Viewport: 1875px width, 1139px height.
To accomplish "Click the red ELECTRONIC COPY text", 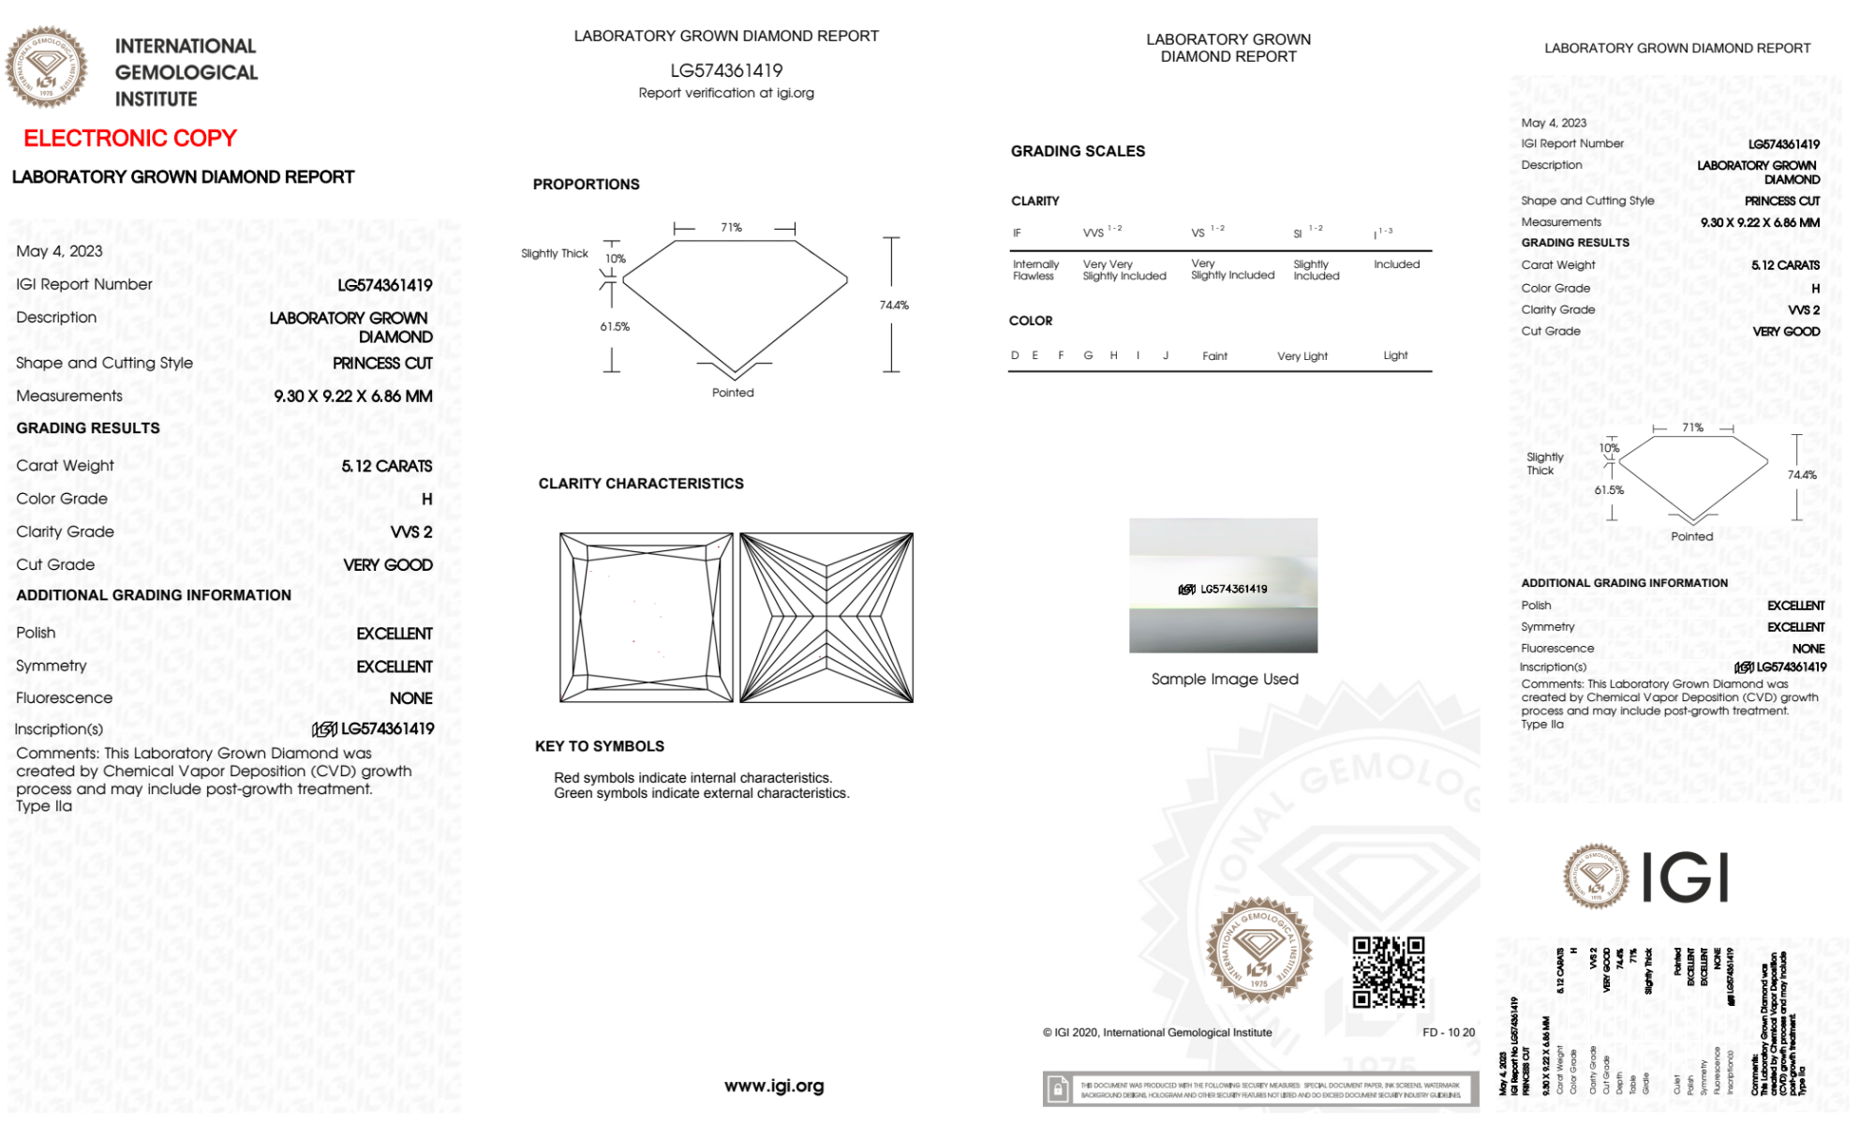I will tap(130, 139).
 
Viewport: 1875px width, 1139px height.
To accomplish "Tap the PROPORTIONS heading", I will tap(586, 185).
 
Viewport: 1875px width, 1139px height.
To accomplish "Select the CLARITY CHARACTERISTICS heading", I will tap(641, 484).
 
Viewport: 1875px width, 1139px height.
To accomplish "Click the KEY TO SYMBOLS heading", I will tap(600, 746).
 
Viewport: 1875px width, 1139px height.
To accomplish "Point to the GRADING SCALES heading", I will tap(1078, 151).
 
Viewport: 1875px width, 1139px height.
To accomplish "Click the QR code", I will tap(1389, 972).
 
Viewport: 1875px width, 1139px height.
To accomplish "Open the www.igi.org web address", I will tap(774, 1086).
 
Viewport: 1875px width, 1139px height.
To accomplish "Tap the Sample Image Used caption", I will tap(1225, 679).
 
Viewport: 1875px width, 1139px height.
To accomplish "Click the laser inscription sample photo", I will tap(1223, 586).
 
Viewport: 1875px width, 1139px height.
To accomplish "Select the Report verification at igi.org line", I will tap(726, 93).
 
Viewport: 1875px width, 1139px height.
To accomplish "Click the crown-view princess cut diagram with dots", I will tap(646, 618).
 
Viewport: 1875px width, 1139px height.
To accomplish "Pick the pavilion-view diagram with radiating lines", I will tap(826, 618).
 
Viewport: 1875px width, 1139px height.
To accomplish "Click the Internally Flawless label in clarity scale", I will tap(1035, 270).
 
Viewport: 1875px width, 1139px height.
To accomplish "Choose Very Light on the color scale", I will tap(1302, 356).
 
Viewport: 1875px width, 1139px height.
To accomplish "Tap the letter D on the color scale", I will tap(1015, 355).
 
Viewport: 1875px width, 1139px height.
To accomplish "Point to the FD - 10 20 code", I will tap(1448, 1032).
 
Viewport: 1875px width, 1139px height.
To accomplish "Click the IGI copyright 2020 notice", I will tap(1157, 1032).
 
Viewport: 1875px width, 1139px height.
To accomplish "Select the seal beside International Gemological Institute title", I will tap(47, 67).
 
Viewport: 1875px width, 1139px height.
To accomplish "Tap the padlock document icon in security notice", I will tap(1058, 1089).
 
